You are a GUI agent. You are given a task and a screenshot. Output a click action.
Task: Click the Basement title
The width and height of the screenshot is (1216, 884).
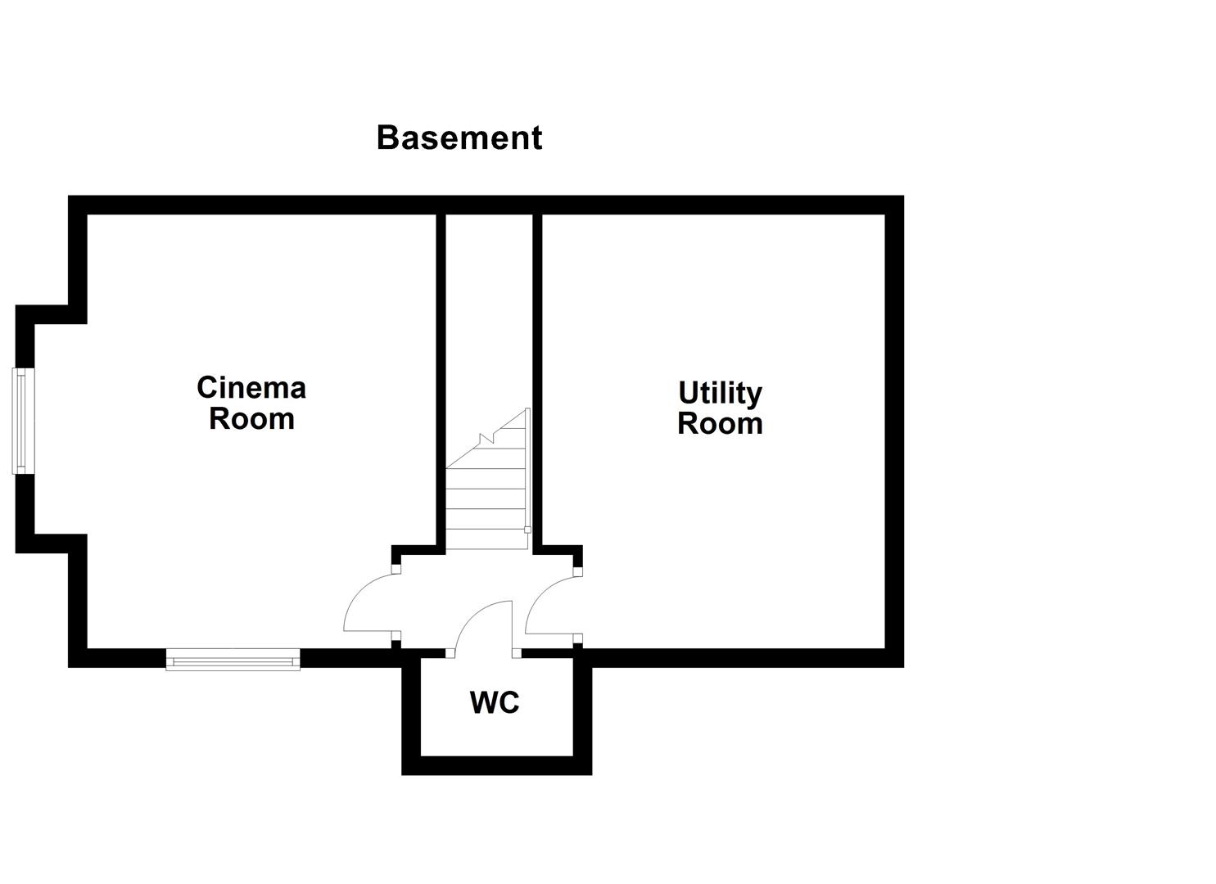pyautogui.click(x=459, y=138)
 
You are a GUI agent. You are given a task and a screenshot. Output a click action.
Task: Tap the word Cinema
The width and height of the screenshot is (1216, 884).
pyautogui.click(x=251, y=387)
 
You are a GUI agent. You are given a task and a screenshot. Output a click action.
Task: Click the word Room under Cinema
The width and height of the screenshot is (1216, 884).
pyautogui.click(x=251, y=418)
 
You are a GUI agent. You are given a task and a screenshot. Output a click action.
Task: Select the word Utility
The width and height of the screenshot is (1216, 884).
pyautogui.click(x=720, y=394)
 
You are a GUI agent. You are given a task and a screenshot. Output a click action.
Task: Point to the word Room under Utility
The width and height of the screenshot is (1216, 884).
pyautogui.click(x=720, y=424)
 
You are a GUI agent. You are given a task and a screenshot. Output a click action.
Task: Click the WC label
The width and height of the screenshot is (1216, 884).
pyautogui.click(x=495, y=702)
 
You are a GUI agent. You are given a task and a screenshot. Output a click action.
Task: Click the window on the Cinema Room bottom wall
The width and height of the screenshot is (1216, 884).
pyautogui.click(x=233, y=659)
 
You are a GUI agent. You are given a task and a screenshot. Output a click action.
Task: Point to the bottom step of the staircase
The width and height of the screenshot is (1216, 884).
pyautogui.click(x=484, y=539)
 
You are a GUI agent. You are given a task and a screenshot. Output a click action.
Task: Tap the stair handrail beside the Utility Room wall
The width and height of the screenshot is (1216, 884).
pyautogui.click(x=528, y=467)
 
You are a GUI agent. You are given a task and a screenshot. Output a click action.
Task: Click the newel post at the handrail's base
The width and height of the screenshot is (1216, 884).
pyautogui.click(x=527, y=530)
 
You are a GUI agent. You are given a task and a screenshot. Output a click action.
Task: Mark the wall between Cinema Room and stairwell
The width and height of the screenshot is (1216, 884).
pyautogui.click(x=441, y=377)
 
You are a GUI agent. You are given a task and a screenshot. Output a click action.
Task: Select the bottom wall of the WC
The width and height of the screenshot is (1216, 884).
pyautogui.click(x=496, y=765)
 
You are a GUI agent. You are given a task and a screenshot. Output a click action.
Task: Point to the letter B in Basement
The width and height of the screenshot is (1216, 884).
pyautogui.click(x=386, y=138)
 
